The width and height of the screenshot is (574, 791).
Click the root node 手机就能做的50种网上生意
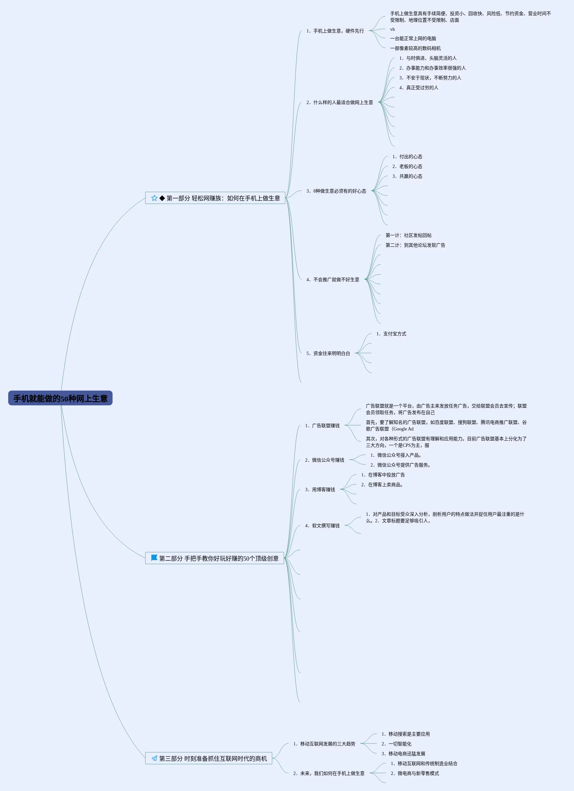point(60,398)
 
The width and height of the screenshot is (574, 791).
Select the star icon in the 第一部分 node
point(154,198)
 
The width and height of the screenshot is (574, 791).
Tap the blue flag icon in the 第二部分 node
point(154,558)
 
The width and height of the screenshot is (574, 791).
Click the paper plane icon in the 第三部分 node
point(154,758)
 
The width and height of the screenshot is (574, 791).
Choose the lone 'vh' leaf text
point(393,29)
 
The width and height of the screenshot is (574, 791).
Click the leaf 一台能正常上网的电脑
point(413,38)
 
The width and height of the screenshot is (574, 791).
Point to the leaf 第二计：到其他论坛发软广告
point(415,245)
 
